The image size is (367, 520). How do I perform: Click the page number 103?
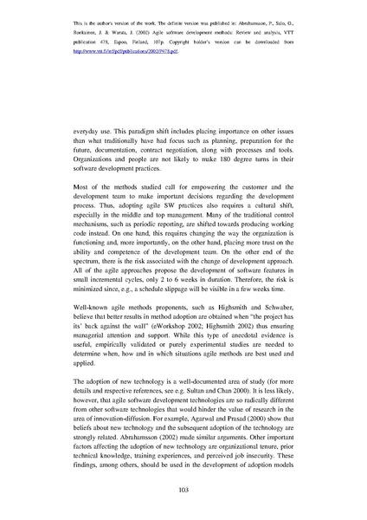(x=183, y=490)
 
